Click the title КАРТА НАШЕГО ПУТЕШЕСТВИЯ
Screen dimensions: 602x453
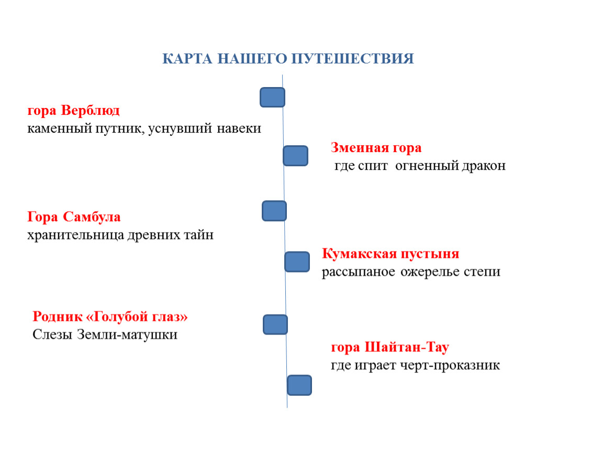(x=288, y=59)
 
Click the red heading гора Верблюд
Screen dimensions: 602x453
(x=73, y=110)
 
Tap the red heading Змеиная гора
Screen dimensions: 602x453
(x=376, y=147)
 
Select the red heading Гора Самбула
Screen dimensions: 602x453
(x=74, y=217)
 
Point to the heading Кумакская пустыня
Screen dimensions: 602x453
(x=391, y=253)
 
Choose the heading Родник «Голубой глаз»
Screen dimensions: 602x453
(x=110, y=317)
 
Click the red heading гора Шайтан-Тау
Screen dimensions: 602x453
(x=389, y=347)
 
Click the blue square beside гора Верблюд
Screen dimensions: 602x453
(x=273, y=98)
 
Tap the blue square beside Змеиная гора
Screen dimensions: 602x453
(x=296, y=156)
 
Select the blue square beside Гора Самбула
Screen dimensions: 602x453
(x=274, y=211)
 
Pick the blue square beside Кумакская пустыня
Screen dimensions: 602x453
(x=297, y=262)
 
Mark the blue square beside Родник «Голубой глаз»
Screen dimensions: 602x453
(x=275, y=325)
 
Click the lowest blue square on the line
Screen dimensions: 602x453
(x=299, y=385)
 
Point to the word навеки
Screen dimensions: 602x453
(x=239, y=128)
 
